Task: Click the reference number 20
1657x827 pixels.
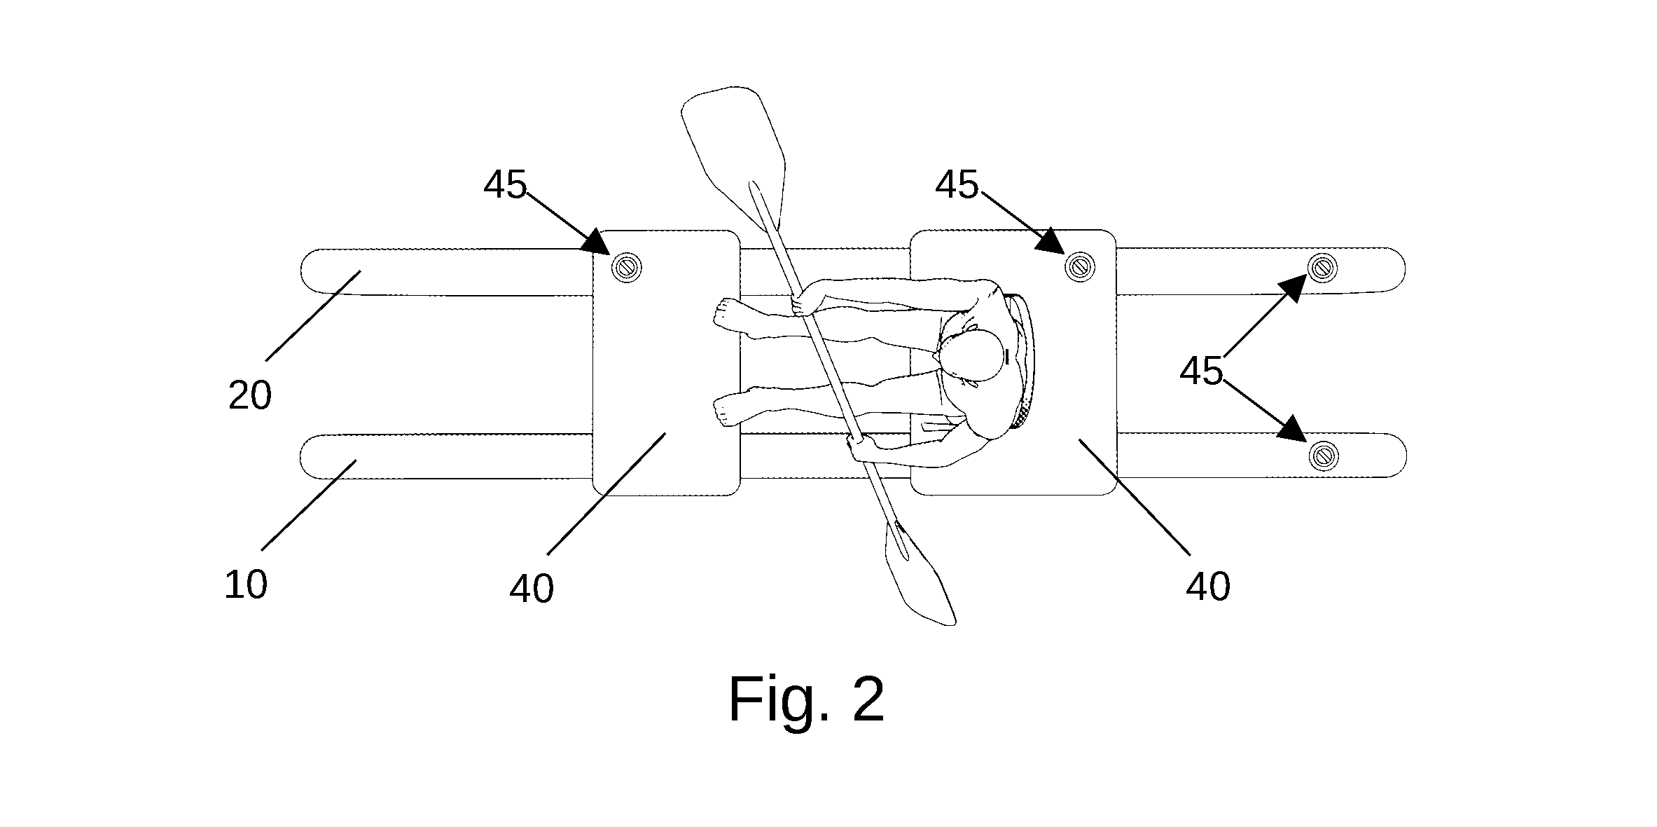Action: coord(250,396)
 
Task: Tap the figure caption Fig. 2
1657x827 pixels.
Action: coord(807,699)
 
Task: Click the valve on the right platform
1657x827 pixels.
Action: coord(1079,266)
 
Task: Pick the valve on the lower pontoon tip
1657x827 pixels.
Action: coord(1323,456)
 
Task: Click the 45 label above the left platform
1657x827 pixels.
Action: coord(505,185)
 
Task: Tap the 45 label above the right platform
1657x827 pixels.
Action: coord(957,185)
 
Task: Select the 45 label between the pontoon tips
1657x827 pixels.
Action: coord(1201,371)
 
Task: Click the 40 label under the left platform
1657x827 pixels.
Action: coord(532,588)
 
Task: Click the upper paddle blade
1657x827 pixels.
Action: coord(735,151)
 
